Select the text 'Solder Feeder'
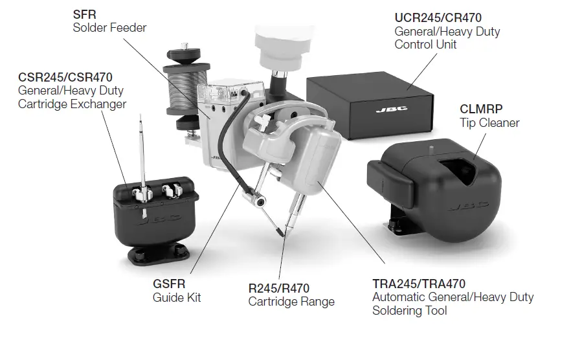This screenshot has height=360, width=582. click(109, 28)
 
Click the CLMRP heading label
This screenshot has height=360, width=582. click(482, 109)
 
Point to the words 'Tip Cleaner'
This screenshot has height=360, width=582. click(489, 122)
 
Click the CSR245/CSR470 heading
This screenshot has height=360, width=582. click(65, 78)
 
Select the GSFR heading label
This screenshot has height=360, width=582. click(169, 284)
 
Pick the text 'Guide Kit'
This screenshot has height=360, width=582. click(177, 297)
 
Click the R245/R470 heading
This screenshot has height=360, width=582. click(279, 288)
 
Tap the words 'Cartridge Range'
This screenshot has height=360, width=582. click(291, 301)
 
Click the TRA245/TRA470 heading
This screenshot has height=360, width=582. click(419, 284)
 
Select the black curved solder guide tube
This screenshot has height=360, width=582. click(229, 136)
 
